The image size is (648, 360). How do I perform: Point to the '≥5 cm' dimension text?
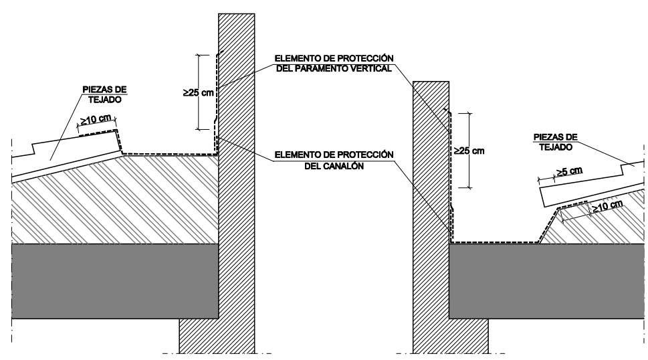coord(568,172)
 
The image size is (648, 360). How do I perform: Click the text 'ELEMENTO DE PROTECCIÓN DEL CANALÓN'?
coord(334,161)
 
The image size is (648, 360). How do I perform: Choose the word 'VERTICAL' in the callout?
coord(367,69)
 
